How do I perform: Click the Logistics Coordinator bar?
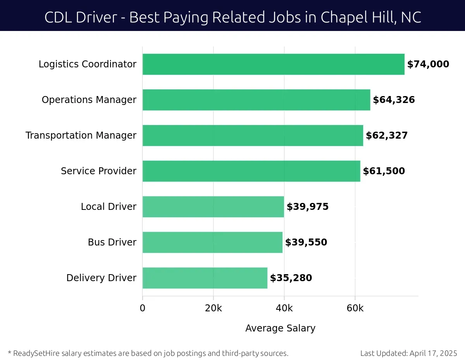pyautogui.click(x=273, y=64)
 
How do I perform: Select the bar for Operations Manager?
pyautogui.click(x=256, y=100)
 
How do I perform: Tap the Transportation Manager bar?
pyautogui.click(x=253, y=136)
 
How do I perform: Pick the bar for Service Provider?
pyautogui.click(x=251, y=171)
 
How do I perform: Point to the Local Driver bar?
pyautogui.click(x=213, y=207)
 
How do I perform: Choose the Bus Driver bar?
pyautogui.click(x=212, y=242)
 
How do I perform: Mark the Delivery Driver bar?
pyautogui.click(x=205, y=278)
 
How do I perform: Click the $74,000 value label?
pyautogui.click(x=428, y=64)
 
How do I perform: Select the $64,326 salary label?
pyautogui.click(x=394, y=100)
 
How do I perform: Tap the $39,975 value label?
pyautogui.click(x=307, y=207)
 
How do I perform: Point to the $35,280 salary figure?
pyautogui.click(x=291, y=278)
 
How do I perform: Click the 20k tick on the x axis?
pyautogui.click(x=213, y=308)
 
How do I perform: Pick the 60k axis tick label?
pyautogui.click(x=355, y=308)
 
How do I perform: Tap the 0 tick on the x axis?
pyautogui.click(x=143, y=308)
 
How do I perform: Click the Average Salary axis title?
pyautogui.click(x=280, y=328)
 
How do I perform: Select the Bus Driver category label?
pyautogui.click(x=112, y=242)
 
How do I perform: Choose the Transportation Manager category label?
pyautogui.click(x=81, y=136)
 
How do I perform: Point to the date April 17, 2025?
pyautogui.click(x=433, y=353)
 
